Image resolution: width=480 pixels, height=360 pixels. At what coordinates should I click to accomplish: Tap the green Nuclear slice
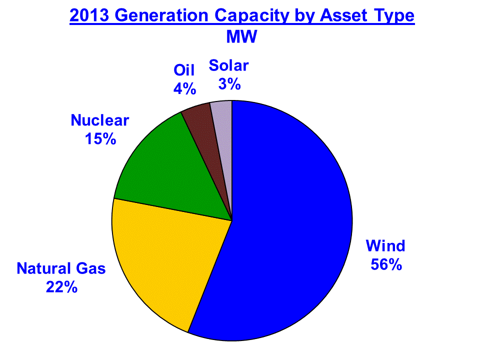click(x=171, y=174)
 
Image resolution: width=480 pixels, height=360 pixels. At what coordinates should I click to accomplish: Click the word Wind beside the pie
click(x=385, y=246)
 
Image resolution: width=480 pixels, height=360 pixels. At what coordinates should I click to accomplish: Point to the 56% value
click(x=386, y=264)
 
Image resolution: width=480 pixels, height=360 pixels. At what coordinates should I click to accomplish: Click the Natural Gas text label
click(x=61, y=268)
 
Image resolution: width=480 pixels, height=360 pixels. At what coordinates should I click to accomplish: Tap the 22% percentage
click(x=61, y=287)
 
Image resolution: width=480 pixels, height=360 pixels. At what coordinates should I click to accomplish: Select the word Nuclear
click(x=100, y=120)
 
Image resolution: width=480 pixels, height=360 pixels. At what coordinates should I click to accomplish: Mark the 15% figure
click(x=100, y=139)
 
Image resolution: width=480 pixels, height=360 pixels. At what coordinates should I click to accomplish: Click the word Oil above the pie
click(x=184, y=70)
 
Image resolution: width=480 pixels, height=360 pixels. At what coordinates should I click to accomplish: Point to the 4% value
click(x=184, y=89)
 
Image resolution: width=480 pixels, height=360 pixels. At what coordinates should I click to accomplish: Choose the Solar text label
click(x=228, y=65)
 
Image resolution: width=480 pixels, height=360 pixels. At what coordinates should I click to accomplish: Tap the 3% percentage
click(x=229, y=84)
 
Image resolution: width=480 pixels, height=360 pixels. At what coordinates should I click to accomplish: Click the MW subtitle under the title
click(x=241, y=36)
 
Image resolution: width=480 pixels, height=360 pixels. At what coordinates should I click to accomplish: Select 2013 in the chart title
click(x=89, y=15)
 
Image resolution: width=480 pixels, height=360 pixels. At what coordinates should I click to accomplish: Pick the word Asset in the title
click(x=343, y=15)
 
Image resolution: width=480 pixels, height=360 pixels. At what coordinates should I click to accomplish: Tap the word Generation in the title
click(x=161, y=15)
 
